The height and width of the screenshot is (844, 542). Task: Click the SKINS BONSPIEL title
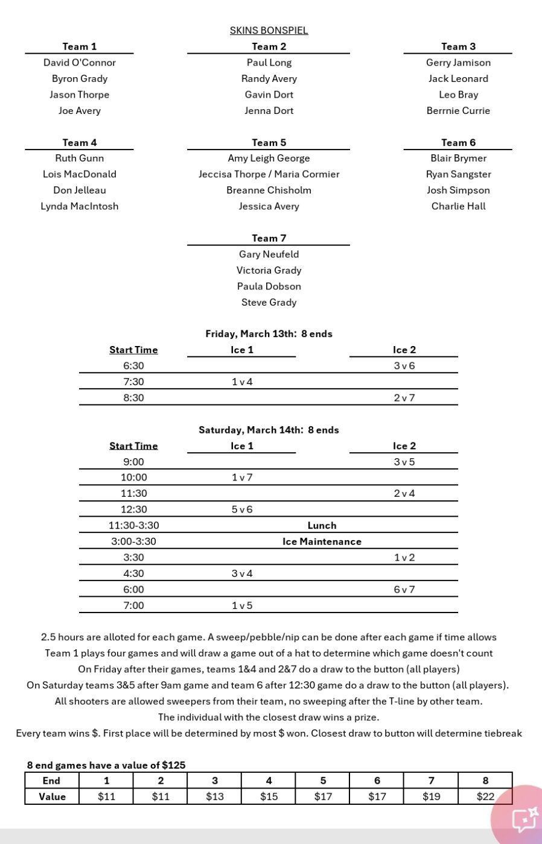269,30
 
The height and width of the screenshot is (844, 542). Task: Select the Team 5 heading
269,142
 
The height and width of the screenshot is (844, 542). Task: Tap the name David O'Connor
79,62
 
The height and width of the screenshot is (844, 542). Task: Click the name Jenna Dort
269,110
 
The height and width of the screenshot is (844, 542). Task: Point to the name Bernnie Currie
458,110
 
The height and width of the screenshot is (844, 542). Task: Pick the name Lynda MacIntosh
79,206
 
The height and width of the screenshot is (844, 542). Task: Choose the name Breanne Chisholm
269,190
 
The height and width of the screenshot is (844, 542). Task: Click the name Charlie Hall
458,206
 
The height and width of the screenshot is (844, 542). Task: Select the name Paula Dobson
269,286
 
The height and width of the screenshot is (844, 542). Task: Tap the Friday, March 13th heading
269,333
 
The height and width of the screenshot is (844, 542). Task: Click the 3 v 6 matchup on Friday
404,365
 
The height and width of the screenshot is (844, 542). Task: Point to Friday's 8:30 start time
133,398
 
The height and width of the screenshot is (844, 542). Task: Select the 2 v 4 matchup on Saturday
404,493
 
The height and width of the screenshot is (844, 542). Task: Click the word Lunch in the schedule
322,525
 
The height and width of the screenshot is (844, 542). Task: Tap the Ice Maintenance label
322,541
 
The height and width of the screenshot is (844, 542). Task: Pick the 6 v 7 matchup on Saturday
404,590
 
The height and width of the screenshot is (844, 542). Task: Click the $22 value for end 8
485,796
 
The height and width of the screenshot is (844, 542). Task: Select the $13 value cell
214,796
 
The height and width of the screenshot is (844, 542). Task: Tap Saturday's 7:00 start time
133,605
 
